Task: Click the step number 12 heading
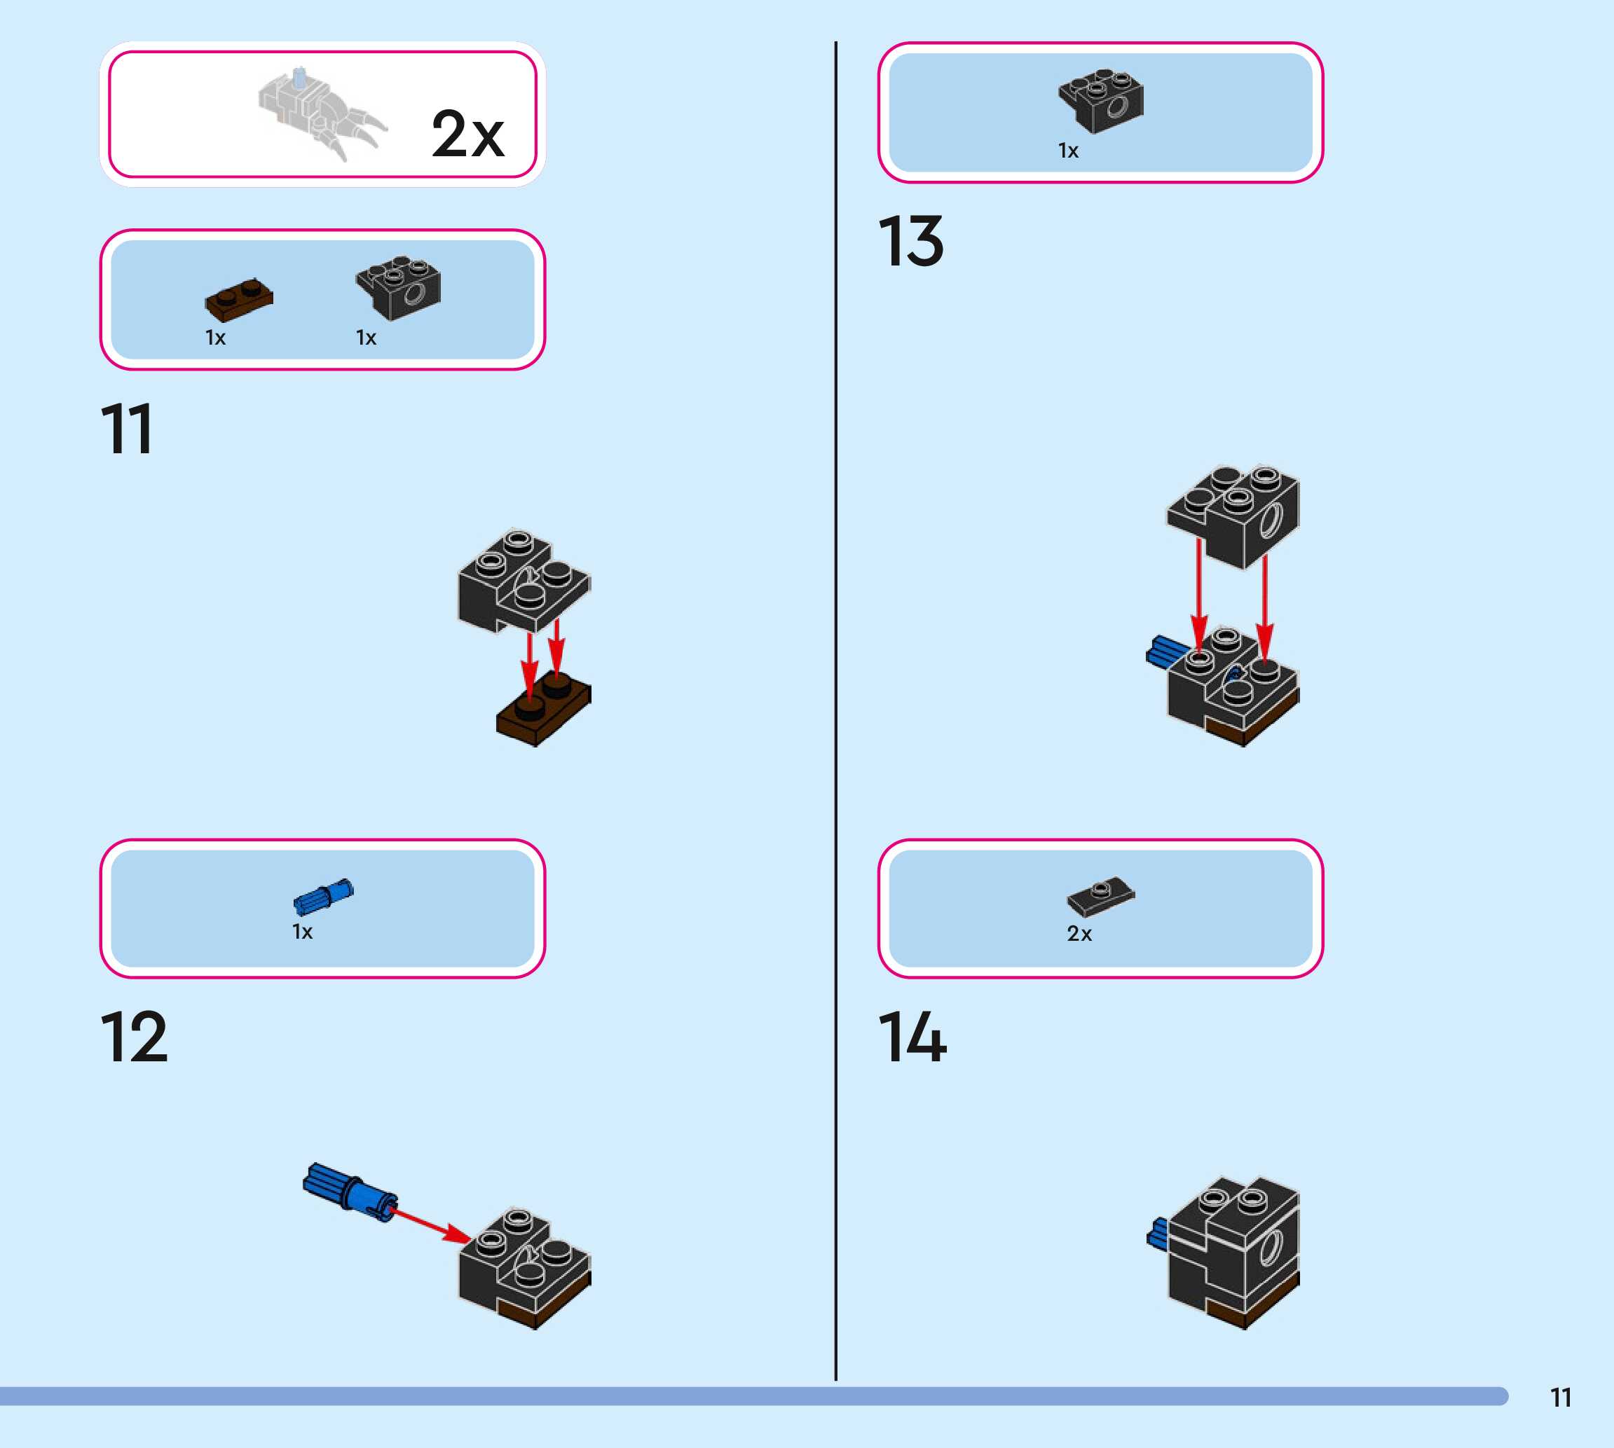tap(134, 1037)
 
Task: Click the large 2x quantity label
tap(467, 134)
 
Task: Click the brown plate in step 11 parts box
tap(239, 298)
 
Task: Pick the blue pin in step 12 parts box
tap(323, 897)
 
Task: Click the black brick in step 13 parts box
tap(1102, 99)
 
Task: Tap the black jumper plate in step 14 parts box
tap(1101, 897)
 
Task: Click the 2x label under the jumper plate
tap(1079, 933)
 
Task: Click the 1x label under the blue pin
tap(303, 932)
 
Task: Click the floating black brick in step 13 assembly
tap(1233, 513)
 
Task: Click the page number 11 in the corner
tap(1561, 1398)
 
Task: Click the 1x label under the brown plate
tap(216, 338)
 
